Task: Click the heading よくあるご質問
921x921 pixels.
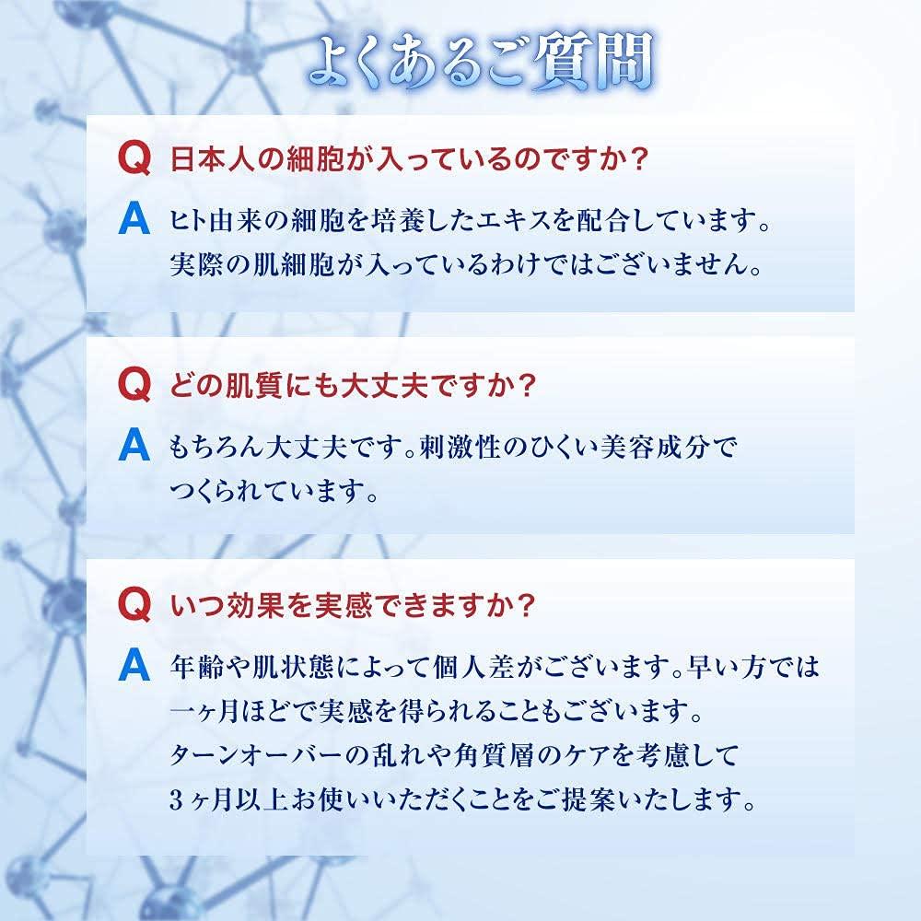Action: click(x=481, y=62)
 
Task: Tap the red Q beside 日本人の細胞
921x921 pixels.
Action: click(x=134, y=158)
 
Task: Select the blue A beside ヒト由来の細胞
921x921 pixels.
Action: click(x=134, y=220)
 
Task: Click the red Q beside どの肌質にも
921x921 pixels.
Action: click(x=134, y=385)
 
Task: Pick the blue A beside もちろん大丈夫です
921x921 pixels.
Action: click(x=134, y=446)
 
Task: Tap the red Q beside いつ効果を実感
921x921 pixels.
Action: click(x=134, y=604)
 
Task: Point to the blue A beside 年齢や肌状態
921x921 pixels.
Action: click(x=134, y=666)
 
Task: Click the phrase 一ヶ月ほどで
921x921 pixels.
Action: click(x=243, y=712)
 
